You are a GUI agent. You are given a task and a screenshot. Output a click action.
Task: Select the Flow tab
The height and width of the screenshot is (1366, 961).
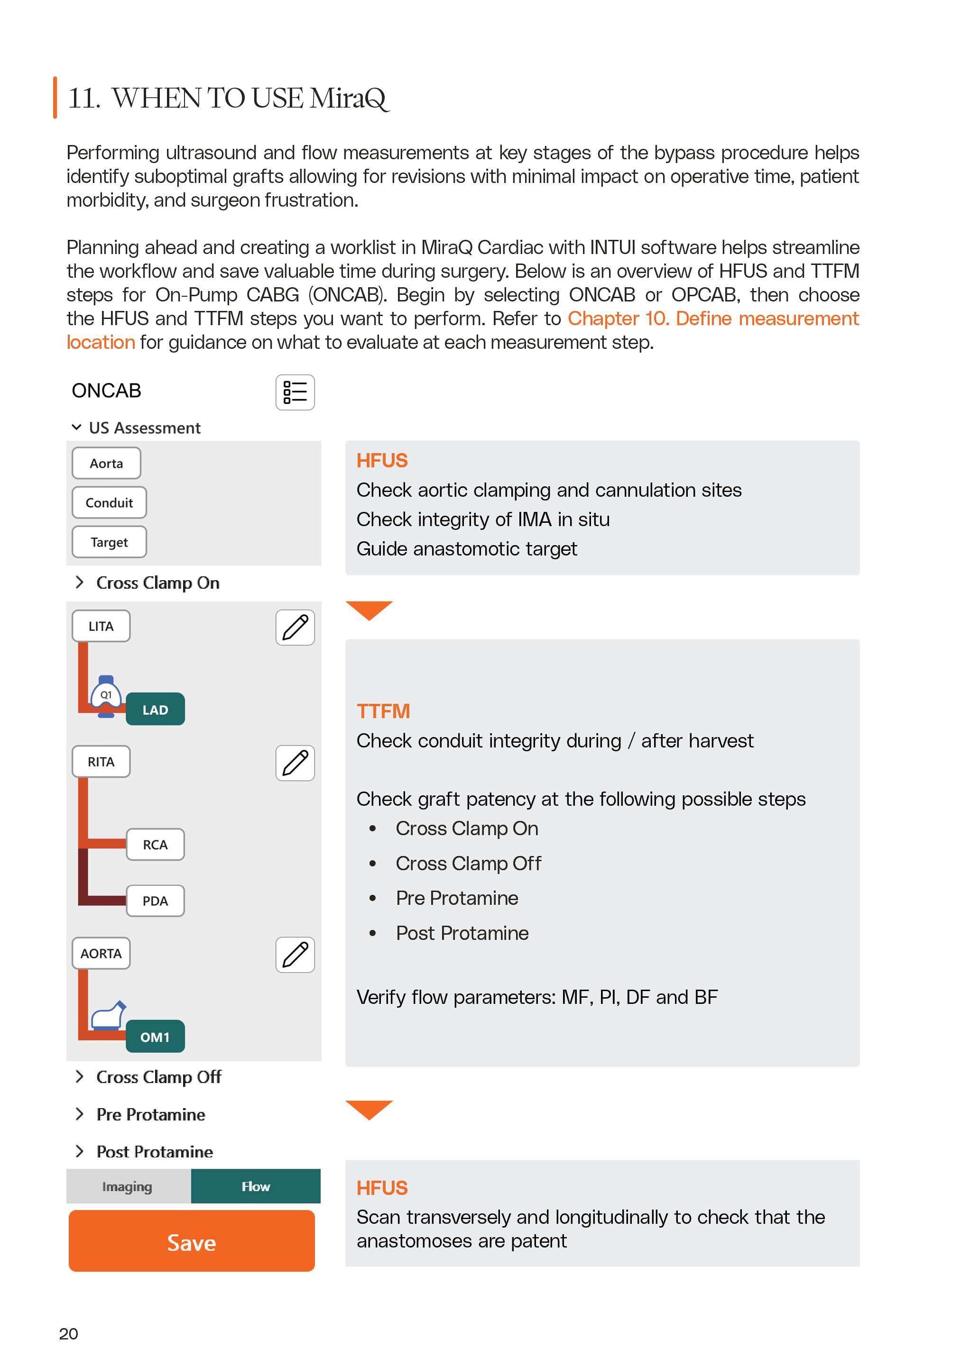[256, 1186]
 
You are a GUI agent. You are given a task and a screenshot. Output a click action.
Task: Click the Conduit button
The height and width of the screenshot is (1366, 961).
[109, 503]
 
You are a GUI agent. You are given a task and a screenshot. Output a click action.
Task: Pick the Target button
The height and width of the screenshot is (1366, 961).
[109, 542]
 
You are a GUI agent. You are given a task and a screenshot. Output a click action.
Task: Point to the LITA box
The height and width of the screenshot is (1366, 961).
[101, 626]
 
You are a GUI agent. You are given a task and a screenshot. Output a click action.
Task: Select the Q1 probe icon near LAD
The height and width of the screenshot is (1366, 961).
[106, 695]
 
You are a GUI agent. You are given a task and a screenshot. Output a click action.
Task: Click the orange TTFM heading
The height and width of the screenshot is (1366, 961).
[383, 711]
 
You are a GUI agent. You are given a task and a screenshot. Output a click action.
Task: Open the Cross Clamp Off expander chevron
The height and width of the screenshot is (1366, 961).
[79, 1076]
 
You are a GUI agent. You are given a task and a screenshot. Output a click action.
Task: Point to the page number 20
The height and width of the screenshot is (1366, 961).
[68, 1333]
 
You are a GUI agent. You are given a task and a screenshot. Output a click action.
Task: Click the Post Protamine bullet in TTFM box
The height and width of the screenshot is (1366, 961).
[462, 932]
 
